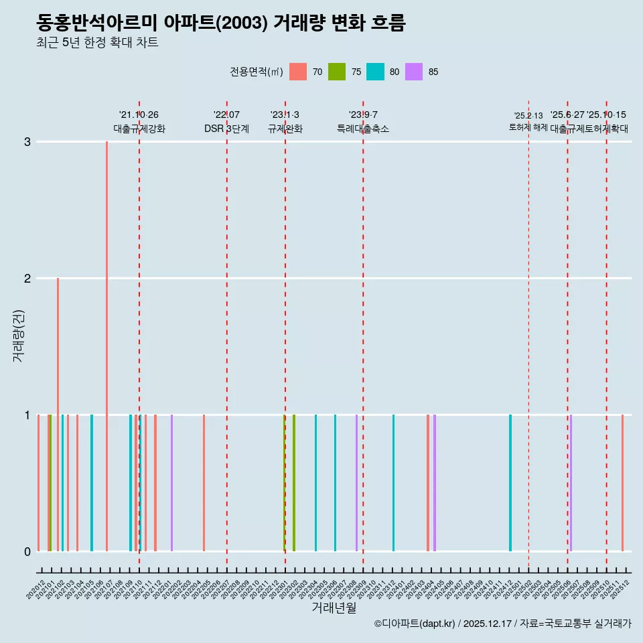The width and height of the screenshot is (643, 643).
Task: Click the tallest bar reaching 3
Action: pyautogui.click(x=106, y=346)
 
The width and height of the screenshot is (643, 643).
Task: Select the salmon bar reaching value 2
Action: pyautogui.click(x=58, y=414)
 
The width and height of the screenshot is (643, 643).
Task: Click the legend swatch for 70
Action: pyautogui.click(x=298, y=72)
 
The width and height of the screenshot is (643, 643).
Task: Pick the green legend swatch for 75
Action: pyautogui.click(x=337, y=72)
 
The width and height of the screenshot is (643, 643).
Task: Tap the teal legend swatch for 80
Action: pyautogui.click(x=376, y=72)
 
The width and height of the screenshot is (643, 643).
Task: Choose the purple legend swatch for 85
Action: pyautogui.click(x=415, y=72)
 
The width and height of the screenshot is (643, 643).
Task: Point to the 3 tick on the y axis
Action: pyautogui.click(x=27, y=142)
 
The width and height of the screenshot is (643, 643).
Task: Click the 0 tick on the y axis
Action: pyautogui.click(x=27, y=551)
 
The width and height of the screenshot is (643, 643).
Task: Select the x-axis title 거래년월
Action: pyautogui.click(x=334, y=608)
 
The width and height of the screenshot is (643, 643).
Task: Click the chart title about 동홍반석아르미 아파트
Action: pyautogui.click(x=221, y=23)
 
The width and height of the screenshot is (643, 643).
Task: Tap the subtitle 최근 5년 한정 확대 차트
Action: pyautogui.click(x=97, y=43)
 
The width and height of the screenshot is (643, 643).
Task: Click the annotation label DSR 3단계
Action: pyautogui.click(x=226, y=129)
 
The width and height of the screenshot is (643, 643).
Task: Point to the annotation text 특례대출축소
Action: pyautogui.click(x=362, y=129)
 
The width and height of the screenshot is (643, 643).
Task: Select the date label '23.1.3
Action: pyautogui.click(x=285, y=115)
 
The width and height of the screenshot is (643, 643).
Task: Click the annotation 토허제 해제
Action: pyautogui.click(x=528, y=127)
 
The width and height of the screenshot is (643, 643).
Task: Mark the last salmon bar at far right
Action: pyautogui.click(x=622, y=483)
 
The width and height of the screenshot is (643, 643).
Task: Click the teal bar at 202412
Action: pyautogui.click(x=510, y=483)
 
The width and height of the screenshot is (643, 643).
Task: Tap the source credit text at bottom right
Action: pyautogui.click(x=502, y=624)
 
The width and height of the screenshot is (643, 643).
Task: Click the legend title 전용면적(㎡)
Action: pyautogui.click(x=256, y=72)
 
